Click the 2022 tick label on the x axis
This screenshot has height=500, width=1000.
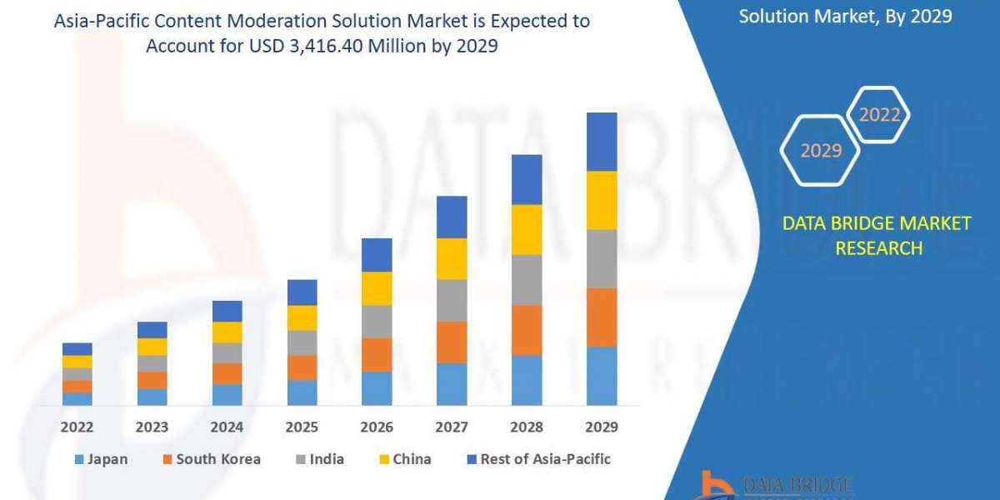coord(77,427)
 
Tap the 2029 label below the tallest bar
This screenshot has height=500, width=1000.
coord(602,427)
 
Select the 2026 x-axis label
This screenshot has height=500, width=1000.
coord(377,427)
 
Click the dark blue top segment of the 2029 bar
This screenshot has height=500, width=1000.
coord(602,142)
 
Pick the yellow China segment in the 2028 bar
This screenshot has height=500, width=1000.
coord(527,229)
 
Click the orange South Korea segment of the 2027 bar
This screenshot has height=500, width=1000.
coord(452,342)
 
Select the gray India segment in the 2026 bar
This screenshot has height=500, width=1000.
coord(377,322)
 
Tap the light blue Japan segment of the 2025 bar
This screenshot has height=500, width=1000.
coord(302,392)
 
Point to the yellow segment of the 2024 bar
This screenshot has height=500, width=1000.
coord(227,332)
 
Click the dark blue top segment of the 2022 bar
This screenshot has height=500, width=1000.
coord(77,349)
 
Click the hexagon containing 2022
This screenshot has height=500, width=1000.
coord(878,115)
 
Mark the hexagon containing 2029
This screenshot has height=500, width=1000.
coord(820,151)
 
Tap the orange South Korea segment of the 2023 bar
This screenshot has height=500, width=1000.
coord(152,380)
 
